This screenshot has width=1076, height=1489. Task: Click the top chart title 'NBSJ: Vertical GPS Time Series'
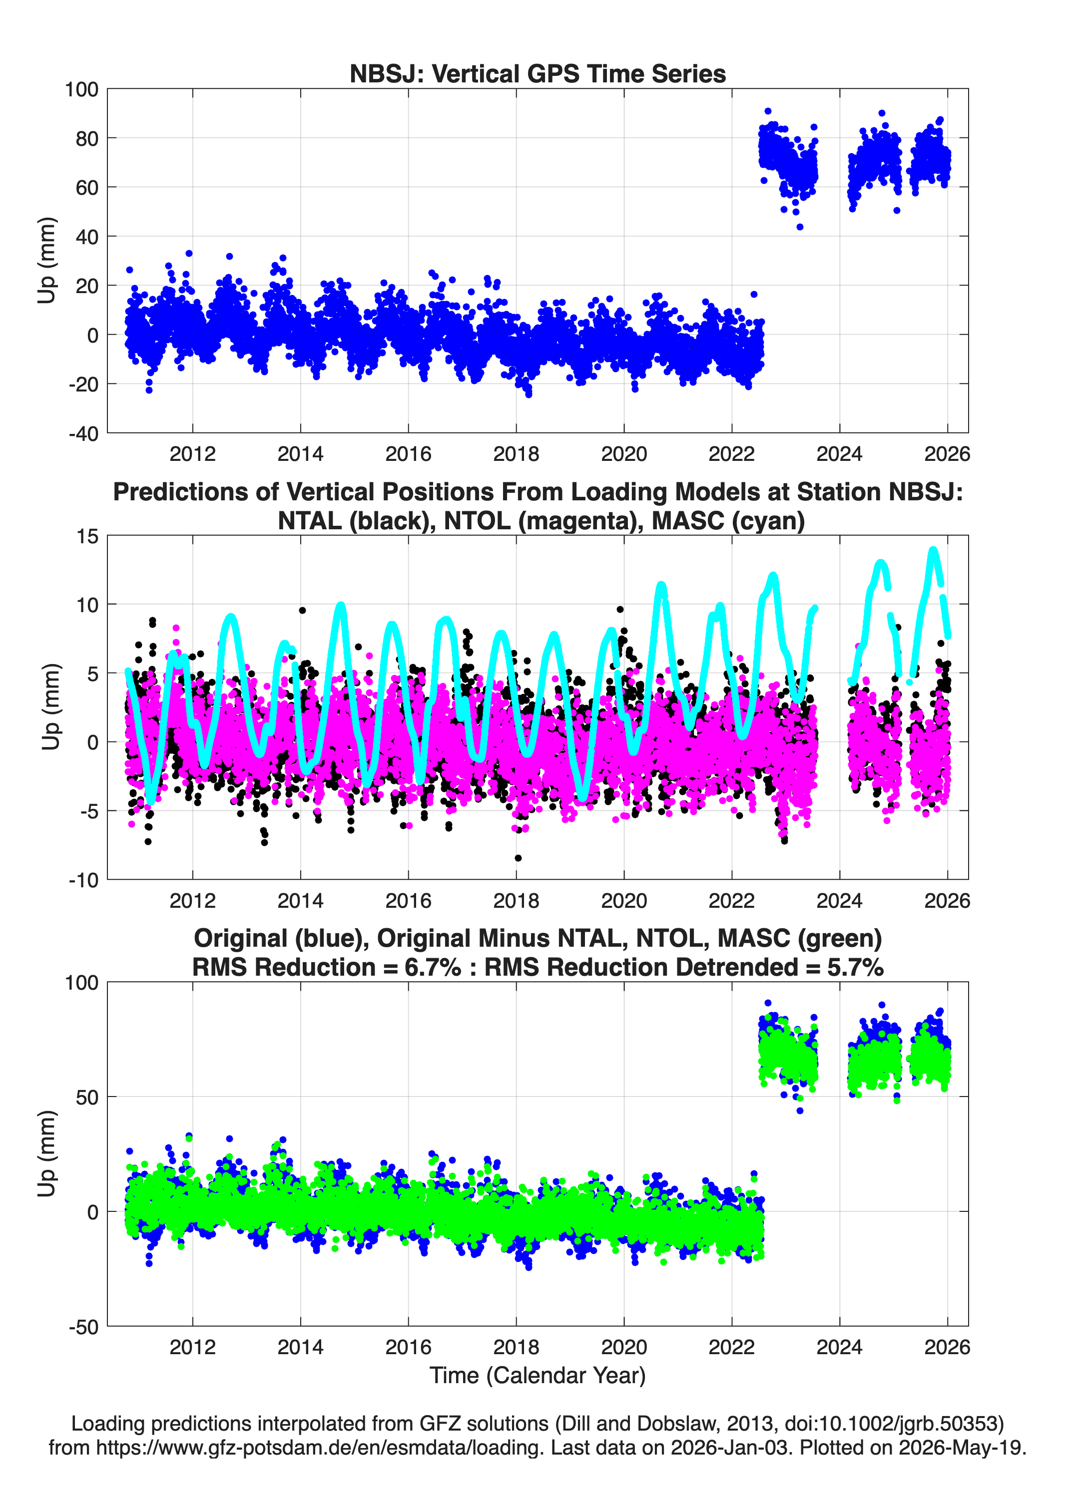538,73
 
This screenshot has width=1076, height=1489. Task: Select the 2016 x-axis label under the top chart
408,454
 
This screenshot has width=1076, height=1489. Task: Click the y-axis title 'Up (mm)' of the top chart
46,261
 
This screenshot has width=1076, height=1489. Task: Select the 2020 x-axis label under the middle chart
624,901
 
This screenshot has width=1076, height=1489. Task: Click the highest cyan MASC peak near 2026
933,550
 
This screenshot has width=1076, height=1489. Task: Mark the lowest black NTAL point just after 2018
519,858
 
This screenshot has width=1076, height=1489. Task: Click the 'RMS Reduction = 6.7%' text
327,967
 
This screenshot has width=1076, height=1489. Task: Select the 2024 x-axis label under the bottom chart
840,1347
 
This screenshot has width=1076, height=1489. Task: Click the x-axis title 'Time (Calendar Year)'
538,1376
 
